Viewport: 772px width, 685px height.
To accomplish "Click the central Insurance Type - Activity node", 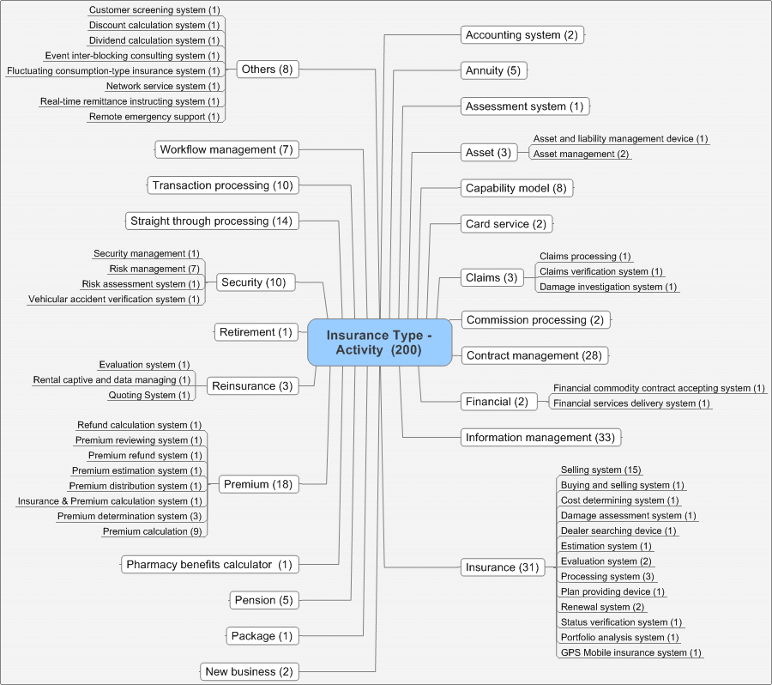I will pyautogui.click(x=379, y=342).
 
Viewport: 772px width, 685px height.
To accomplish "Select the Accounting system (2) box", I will pyautogui.click(x=523, y=35).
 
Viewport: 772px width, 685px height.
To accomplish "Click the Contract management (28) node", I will pyautogui.click(x=535, y=355).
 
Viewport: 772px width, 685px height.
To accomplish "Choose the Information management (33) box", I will pyautogui.click(x=540, y=438).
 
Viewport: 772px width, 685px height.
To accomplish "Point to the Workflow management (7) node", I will pyautogui.click(x=226, y=149).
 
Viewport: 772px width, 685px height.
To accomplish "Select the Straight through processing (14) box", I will pyautogui.click(x=211, y=221).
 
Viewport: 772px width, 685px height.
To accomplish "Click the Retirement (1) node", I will pyautogui.click(x=256, y=332).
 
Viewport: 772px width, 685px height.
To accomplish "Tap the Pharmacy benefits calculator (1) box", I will pyautogui.click(x=209, y=564).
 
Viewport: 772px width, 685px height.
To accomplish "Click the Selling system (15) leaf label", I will pyautogui.click(x=600, y=470).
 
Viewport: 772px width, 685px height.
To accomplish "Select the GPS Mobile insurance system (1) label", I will pyautogui.click(x=630, y=652).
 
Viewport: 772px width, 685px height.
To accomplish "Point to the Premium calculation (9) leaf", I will pyautogui.click(x=152, y=531).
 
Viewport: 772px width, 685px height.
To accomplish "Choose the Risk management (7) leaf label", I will pyautogui.click(x=154, y=269).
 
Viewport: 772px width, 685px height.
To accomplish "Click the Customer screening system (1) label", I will pyautogui.click(x=154, y=10).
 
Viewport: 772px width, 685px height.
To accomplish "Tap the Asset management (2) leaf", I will pyautogui.click(x=581, y=154).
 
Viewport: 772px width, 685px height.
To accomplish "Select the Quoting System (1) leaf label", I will pyautogui.click(x=148, y=395).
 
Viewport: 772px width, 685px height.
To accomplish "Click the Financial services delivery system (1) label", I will pyautogui.click(x=631, y=403).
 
